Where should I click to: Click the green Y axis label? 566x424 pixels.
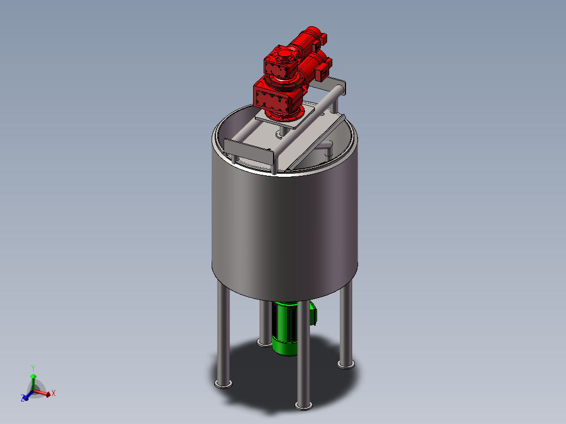33,368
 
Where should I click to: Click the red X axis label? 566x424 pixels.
54,394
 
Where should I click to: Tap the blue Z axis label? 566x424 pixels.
23,398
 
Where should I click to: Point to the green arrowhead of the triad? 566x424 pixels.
33,376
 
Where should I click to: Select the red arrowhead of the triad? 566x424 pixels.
48,395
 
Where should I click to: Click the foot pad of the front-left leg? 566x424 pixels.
223,384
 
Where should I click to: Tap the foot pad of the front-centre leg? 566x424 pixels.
303,406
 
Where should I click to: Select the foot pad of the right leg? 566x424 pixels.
346,365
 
